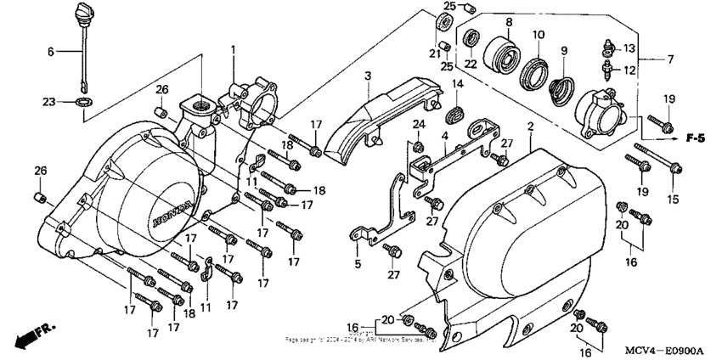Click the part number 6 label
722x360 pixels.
pyautogui.click(x=50, y=52)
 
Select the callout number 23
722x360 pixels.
pyautogui.click(x=50, y=102)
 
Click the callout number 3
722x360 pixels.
pyautogui.click(x=367, y=77)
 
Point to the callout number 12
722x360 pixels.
pyautogui.click(x=629, y=70)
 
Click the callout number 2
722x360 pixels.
pyautogui.click(x=530, y=127)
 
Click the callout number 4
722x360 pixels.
pyautogui.click(x=444, y=137)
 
